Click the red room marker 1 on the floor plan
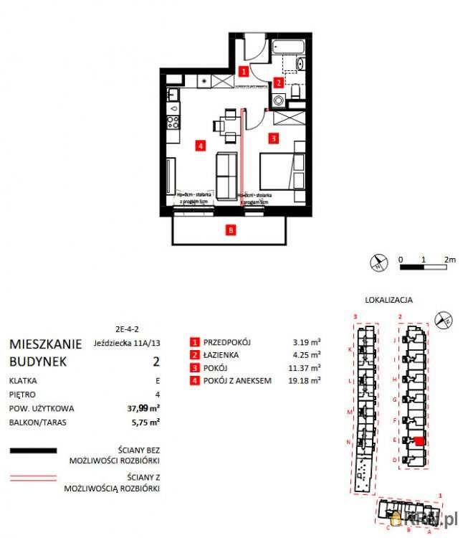[x=244, y=72]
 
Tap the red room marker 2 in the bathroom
[x=277, y=82]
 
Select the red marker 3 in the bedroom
[x=273, y=136]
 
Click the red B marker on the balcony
[x=230, y=230]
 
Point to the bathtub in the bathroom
[x=290, y=48]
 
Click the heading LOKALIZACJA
[x=388, y=300]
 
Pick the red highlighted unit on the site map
[x=419, y=440]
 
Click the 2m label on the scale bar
[x=450, y=258]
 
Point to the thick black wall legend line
[x=33, y=451]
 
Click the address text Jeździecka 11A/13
[x=126, y=343]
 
